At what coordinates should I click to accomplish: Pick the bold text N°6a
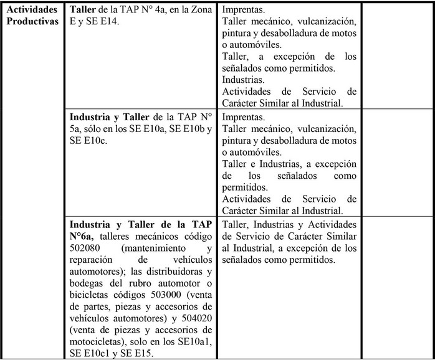[91, 236]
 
